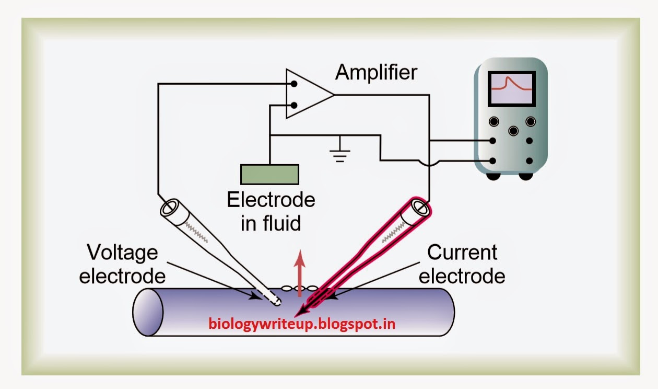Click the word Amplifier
pos(376,72)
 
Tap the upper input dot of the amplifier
pos(294,84)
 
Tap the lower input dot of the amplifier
pos(294,106)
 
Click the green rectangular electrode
pos(269,174)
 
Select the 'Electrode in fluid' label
pos(271,212)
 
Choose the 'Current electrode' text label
pos(462,264)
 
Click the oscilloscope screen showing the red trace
pos(511,88)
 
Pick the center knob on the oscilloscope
pos(512,131)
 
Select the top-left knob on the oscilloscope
pos(494,122)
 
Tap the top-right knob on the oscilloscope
pos(531,122)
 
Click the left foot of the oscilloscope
pos(492,176)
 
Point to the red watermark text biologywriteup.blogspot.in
pos(302,324)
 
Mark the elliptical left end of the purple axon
pos(148,312)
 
